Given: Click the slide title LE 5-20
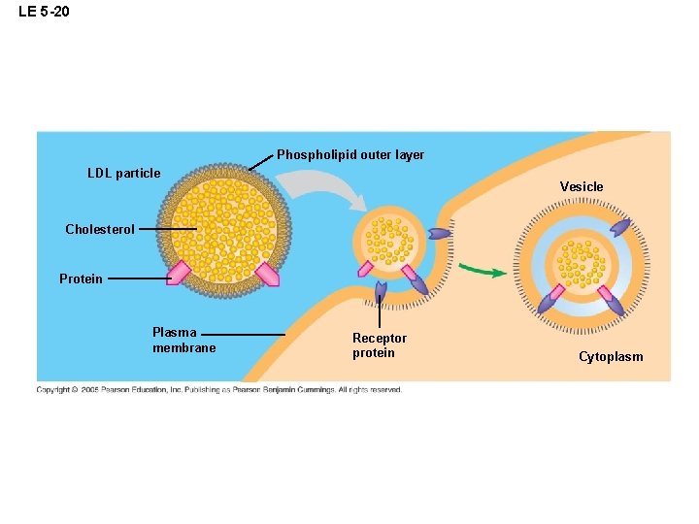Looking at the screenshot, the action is point(44,13).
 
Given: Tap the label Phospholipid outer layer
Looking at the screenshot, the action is point(349,155).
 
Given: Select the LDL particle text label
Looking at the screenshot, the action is point(123,174).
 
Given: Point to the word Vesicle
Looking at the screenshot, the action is point(581,186).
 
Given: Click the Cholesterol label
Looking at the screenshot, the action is point(100,230).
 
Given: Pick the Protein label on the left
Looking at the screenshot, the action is point(81,279).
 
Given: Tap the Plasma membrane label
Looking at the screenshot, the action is point(183,341).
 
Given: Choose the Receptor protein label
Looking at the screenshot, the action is point(380,345).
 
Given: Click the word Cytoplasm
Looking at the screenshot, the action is point(611,357).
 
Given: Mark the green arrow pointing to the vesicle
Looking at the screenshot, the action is point(482,269).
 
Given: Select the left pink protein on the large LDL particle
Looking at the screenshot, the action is point(180,273).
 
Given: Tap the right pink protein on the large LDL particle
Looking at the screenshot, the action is point(267,274).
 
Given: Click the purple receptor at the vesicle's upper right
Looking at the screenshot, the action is point(619,228).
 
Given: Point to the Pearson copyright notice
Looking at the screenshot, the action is point(218,390).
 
